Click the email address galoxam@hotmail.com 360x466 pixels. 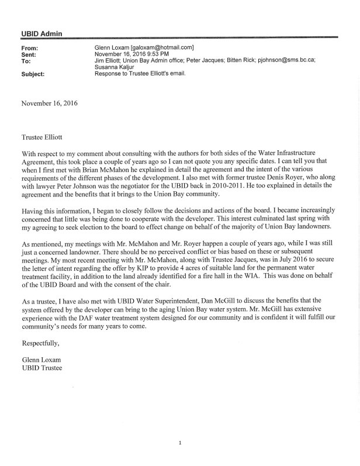[x=164, y=47]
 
